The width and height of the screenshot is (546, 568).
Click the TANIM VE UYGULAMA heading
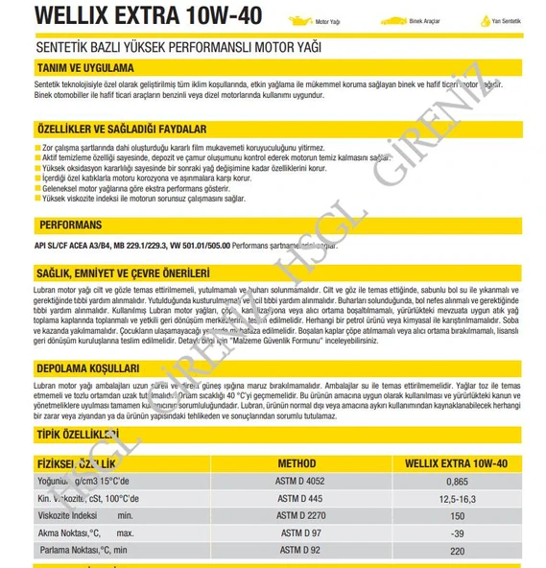(84, 68)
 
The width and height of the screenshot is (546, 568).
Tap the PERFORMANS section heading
(71, 225)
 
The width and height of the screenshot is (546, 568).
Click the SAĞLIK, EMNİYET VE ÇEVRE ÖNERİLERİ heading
(122, 272)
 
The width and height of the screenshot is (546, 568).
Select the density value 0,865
(458, 481)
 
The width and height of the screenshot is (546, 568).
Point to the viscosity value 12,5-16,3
(458, 498)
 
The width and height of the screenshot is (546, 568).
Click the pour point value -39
(458, 532)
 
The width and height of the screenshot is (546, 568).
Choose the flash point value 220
(458, 551)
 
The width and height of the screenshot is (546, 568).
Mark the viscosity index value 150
(458, 515)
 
